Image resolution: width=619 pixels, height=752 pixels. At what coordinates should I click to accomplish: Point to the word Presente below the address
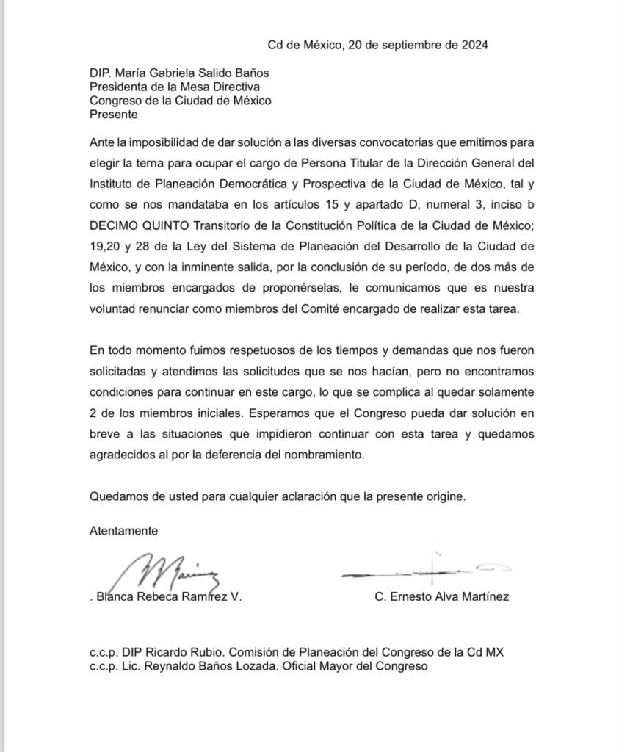113,115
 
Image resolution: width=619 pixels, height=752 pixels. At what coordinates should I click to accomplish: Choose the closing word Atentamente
123,530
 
